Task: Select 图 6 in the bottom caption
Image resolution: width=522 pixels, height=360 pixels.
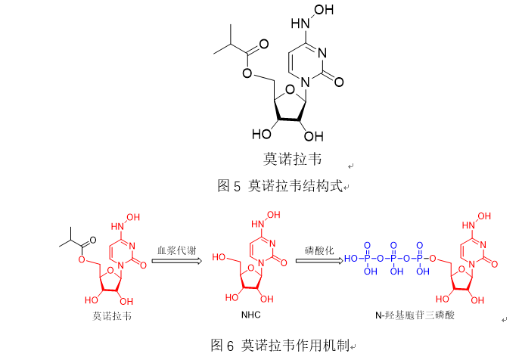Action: click(222, 346)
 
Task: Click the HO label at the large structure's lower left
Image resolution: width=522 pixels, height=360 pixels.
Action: click(263, 135)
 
